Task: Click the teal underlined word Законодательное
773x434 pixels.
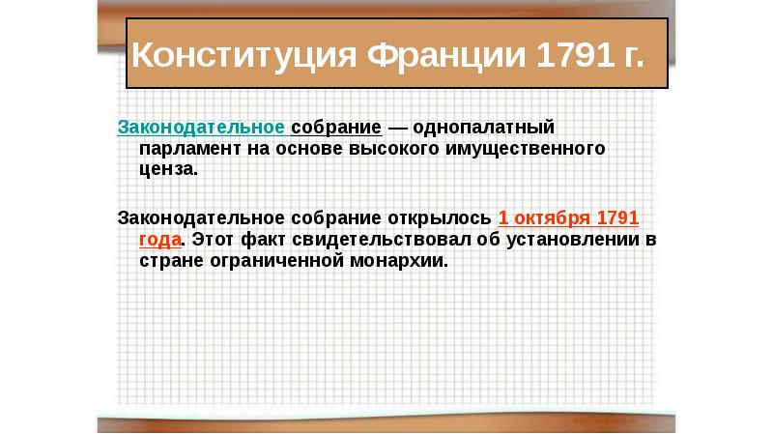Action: click(201, 128)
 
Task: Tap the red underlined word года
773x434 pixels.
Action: click(158, 238)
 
